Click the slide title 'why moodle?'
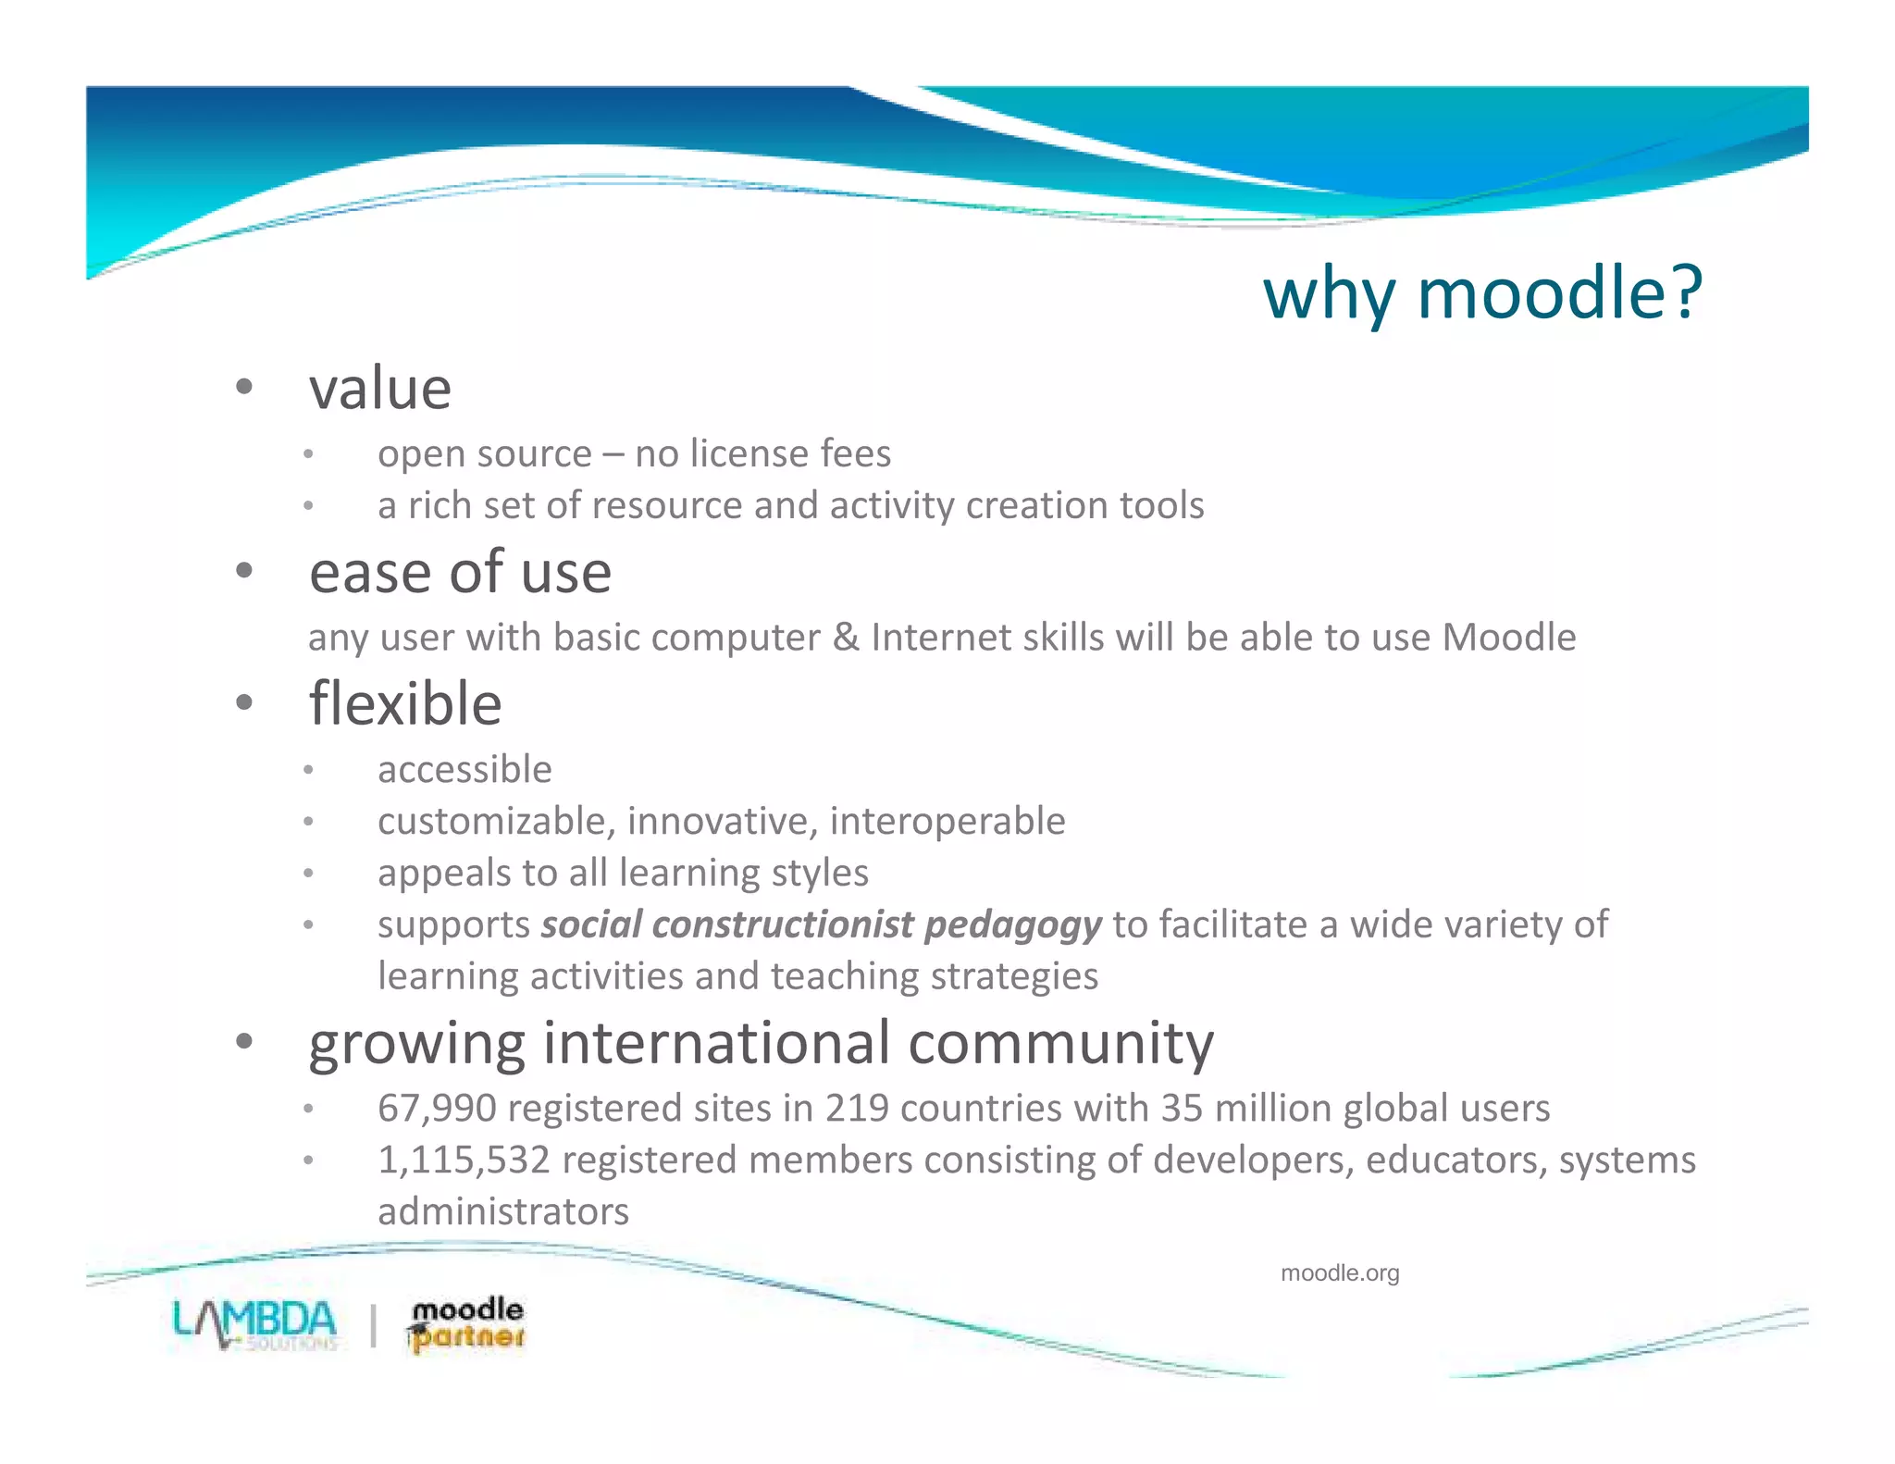point(1481,293)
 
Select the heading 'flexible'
point(405,704)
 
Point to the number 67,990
point(437,1108)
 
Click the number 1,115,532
point(464,1160)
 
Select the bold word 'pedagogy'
point(1013,924)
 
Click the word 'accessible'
point(464,770)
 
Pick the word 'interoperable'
point(947,822)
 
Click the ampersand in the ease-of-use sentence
point(845,638)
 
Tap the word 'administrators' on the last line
point(503,1211)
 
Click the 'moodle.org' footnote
point(1340,1273)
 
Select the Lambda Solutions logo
point(255,1325)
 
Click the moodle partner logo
point(465,1325)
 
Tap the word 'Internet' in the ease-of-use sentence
point(941,638)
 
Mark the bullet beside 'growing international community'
point(244,1042)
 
